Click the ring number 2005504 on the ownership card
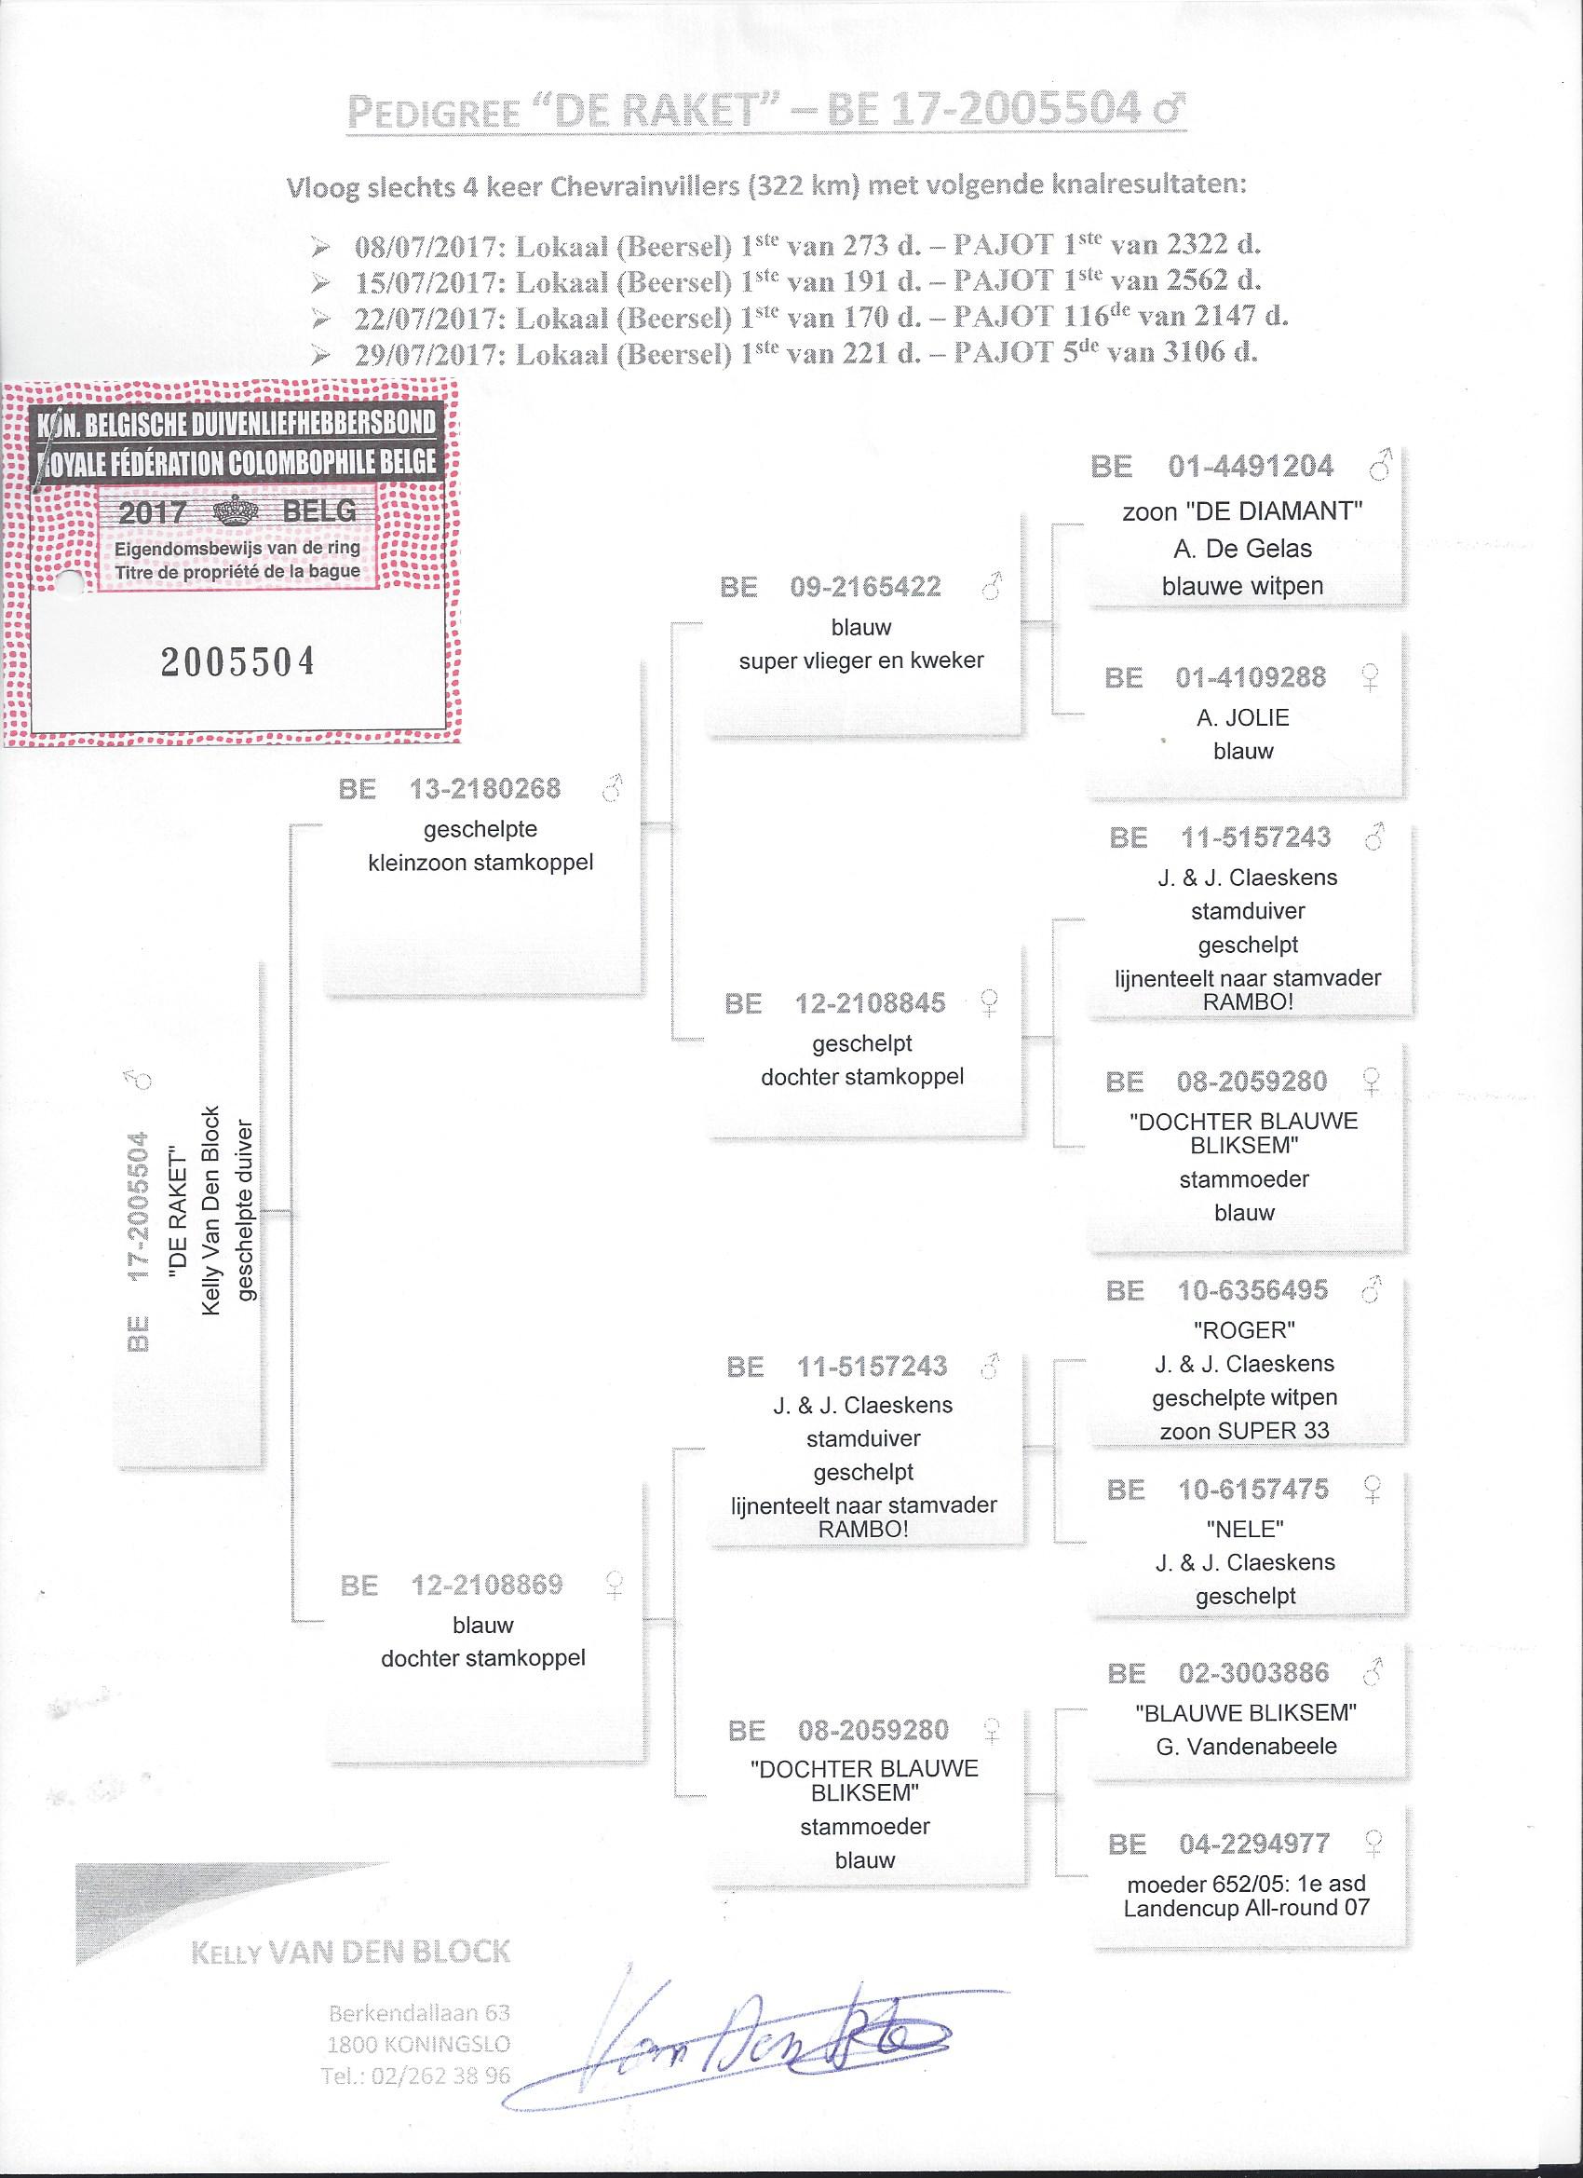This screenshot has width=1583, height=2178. (x=237, y=663)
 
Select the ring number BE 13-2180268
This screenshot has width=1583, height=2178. (x=449, y=789)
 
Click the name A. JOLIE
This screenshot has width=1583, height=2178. (x=1243, y=717)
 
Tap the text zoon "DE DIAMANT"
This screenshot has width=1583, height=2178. (x=1243, y=510)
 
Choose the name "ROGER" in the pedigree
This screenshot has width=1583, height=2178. (x=1244, y=1330)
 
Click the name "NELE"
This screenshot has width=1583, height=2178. (x=1245, y=1528)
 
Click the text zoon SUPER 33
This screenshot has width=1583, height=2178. (x=1244, y=1430)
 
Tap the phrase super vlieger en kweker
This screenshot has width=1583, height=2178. (x=861, y=660)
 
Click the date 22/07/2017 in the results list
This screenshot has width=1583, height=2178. (x=430, y=317)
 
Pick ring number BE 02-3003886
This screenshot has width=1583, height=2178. (x=1219, y=1673)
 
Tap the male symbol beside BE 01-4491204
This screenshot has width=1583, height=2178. (x=1379, y=467)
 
